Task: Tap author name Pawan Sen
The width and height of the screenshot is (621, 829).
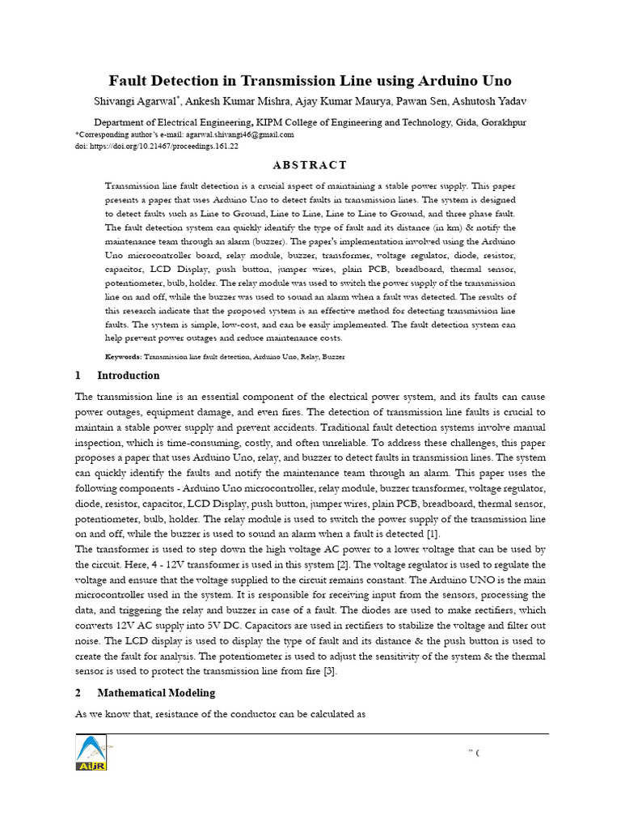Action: (425, 101)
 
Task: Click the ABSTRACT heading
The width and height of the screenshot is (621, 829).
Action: (310, 165)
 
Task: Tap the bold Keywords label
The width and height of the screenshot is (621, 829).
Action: (124, 356)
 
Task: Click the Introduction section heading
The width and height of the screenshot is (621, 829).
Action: (128, 376)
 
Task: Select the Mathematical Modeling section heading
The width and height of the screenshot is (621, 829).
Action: (156, 693)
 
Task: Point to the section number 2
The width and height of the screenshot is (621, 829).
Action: (78, 693)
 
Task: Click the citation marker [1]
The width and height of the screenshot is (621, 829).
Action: (433, 534)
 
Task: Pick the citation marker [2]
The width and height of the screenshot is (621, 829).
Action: (344, 564)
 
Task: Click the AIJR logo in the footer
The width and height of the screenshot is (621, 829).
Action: (91, 753)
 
